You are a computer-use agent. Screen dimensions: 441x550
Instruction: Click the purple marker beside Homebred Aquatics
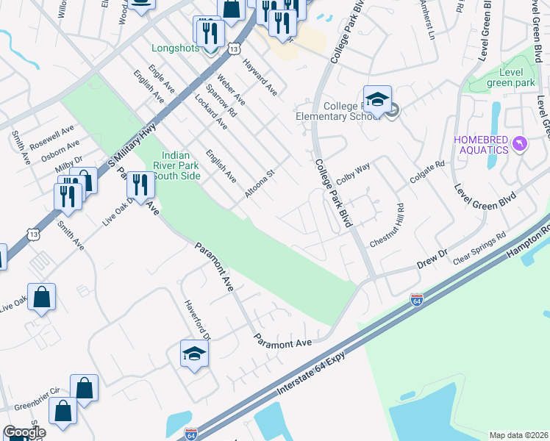521,144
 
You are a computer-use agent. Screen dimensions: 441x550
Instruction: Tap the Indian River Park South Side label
176,165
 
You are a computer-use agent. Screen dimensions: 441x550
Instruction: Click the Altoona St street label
260,183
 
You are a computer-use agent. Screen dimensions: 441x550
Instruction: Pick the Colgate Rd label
431,175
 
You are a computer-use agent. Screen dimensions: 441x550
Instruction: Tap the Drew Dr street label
432,257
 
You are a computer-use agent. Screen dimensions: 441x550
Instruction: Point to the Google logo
24,433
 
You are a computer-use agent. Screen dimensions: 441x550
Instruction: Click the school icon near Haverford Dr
195,355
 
